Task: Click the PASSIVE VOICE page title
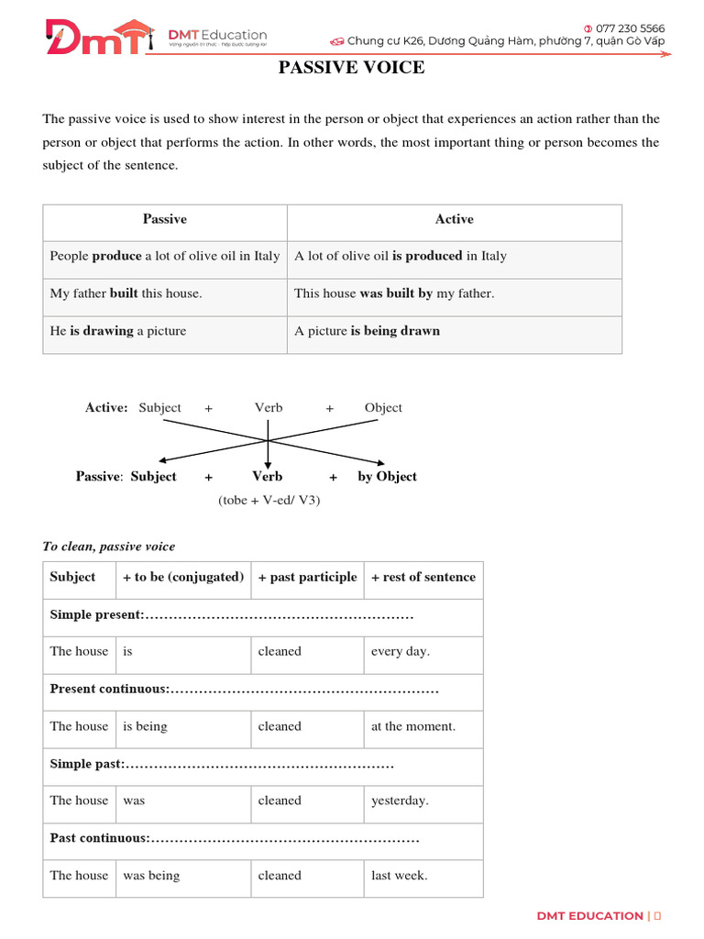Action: click(351, 68)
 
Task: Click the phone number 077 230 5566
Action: click(630, 28)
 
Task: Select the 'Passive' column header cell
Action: click(165, 219)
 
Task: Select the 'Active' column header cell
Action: click(454, 219)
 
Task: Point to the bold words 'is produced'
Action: click(427, 256)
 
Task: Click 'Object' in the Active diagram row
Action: click(383, 408)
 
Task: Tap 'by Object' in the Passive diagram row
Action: click(387, 477)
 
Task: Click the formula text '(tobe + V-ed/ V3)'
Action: click(269, 501)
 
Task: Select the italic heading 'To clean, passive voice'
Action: click(108, 547)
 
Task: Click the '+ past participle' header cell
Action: click(307, 577)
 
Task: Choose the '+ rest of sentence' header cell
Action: click(423, 577)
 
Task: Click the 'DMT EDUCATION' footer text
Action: click(589, 916)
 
